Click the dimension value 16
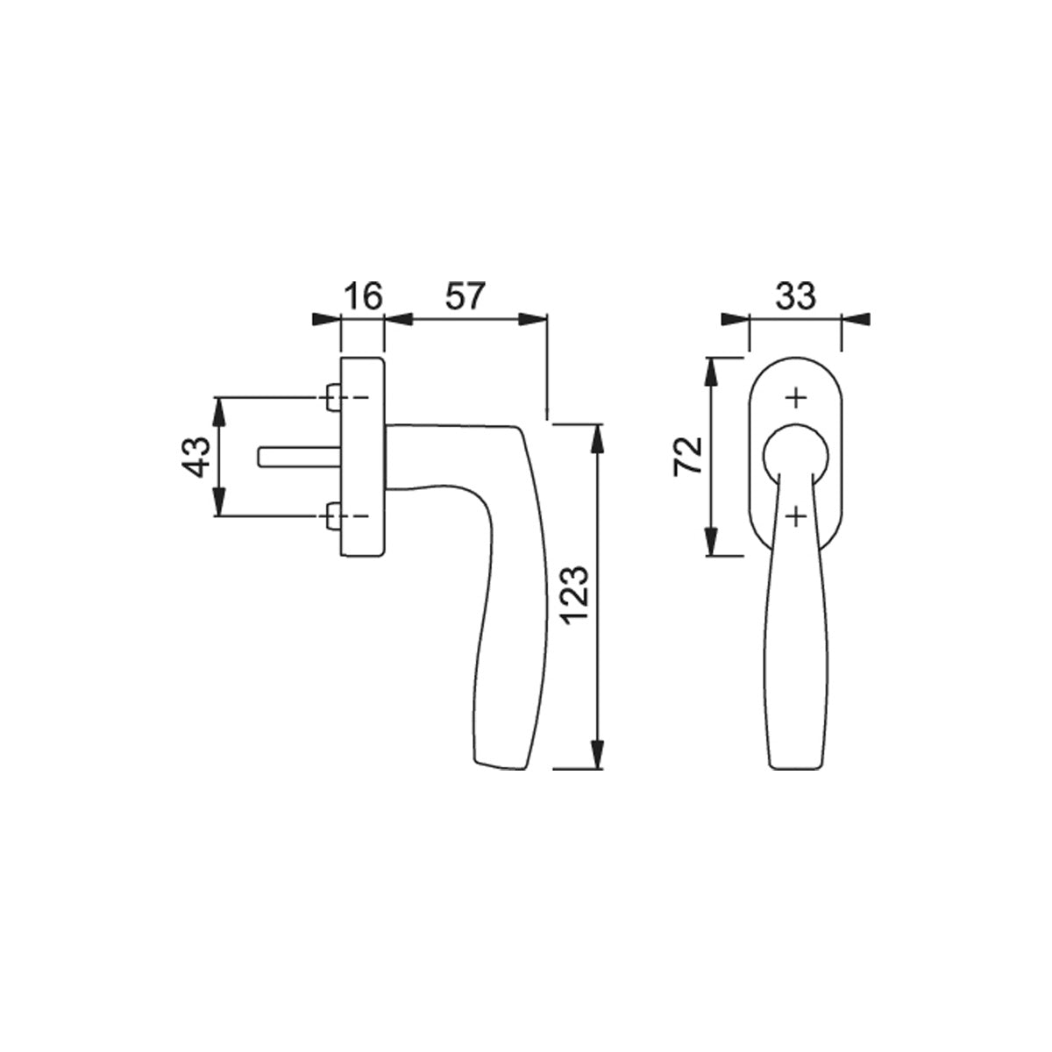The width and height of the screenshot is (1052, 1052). (364, 296)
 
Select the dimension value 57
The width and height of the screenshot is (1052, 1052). (466, 296)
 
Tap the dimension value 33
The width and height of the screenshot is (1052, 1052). (795, 296)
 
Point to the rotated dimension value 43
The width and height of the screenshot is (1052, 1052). (195, 457)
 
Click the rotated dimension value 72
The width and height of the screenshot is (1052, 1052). (688, 456)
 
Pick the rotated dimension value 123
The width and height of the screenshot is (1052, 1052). (576, 595)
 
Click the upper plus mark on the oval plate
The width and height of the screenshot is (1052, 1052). (796, 397)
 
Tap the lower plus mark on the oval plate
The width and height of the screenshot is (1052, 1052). (796, 515)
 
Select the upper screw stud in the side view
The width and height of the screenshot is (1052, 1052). (333, 397)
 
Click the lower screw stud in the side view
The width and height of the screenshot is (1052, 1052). (333, 515)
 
